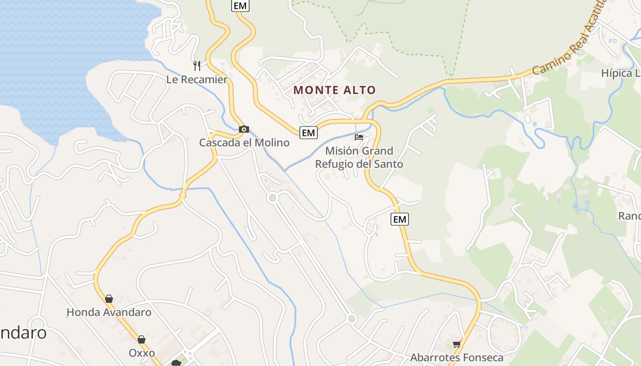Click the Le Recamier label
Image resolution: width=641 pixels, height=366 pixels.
pos(196,80)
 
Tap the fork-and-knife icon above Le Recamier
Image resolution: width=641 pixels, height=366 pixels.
pos(197,66)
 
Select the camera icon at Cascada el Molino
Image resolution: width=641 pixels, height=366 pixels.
pos(244,129)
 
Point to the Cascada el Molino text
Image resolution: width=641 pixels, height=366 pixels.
pos(244,143)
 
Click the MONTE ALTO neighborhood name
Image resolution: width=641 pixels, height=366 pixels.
pos(335,90)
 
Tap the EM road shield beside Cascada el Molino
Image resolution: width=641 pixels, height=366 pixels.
pos(309,133)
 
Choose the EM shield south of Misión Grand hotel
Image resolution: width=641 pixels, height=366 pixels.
pos(400,219)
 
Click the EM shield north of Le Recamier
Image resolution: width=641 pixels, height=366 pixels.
pos(240,5)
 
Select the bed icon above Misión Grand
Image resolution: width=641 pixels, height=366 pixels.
pos(359,137)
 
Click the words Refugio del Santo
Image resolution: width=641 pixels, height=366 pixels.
pos(359,164)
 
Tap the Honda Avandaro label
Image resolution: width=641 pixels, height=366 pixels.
pos(109,312)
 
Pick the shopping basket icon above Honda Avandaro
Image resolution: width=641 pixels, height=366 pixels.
pos(109,299)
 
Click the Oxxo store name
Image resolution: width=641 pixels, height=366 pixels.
pos(141,353)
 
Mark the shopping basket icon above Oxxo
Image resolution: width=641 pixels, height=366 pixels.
pos(141,339)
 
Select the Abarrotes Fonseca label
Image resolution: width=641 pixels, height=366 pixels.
pos(456,358)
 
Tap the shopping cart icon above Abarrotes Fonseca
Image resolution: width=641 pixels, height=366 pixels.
pos(456,344)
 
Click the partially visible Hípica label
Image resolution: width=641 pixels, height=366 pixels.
pos(620,74)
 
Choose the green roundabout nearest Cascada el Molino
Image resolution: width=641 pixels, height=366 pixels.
pos(273,198)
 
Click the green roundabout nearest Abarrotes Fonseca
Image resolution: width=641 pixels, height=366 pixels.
pos(351,318)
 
